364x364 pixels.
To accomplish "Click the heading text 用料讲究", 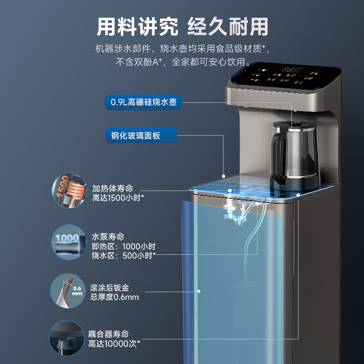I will point(137,27).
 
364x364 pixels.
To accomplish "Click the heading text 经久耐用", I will point(228,27).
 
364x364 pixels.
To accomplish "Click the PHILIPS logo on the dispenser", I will point(235,218).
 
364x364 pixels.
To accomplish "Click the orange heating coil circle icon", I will point(69,191).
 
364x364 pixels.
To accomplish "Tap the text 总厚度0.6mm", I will point(116,298).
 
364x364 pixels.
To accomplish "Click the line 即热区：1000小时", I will point(124,246).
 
